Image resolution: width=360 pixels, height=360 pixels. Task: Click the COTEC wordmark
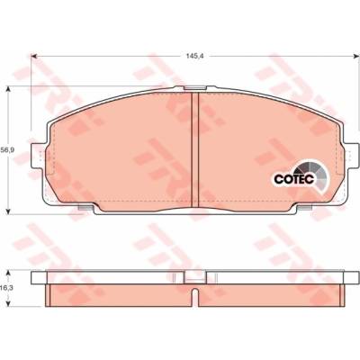(x=294, y=179)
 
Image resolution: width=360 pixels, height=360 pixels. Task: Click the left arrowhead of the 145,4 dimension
(x=34, y=56)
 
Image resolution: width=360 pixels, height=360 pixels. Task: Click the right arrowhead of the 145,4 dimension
(x=356, y=56)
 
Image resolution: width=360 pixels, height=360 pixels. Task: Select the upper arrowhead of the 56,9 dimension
(x=9, y=89)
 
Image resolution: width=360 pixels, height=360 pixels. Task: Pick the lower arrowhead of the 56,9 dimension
(x=9, y=211)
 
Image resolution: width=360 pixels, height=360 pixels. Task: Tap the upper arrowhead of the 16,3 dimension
(x=9, y=274)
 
